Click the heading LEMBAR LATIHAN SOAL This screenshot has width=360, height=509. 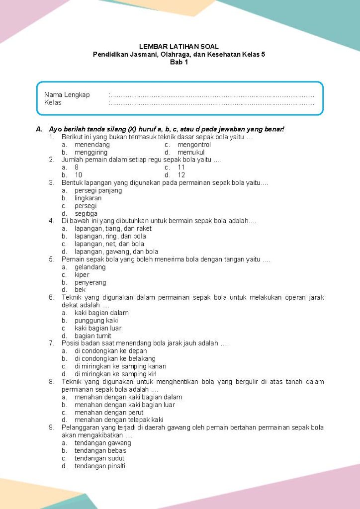[x=179, y=46]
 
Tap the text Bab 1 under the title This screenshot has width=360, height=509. [x=179, y=62]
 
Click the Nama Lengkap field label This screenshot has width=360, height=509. [x=67, y=95]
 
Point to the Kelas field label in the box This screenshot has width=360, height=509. [x=53, y=102]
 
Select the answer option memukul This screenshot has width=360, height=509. [x=191, y=152]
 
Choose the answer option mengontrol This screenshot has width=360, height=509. [x=197, y=145]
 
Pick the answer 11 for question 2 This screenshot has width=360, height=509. [x=181, y=168]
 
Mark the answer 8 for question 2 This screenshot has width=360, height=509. [x=77, y=168]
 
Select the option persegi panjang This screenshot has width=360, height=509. [x=98, y=190]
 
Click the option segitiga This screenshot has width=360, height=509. [x=86, y=213]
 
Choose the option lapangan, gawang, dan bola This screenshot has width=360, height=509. [x=116, y=252]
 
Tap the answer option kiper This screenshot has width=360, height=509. [x=82, y=274]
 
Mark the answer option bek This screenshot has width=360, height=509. [x=80, y=290]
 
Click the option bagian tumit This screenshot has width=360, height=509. [x=93, y=336]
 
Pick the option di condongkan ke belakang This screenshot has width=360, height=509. [x=115, y=358]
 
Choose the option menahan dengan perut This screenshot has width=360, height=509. [x=109, y=412]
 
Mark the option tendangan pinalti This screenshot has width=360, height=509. [x=100, y=466]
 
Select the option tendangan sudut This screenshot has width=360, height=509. [x=99, y=458]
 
